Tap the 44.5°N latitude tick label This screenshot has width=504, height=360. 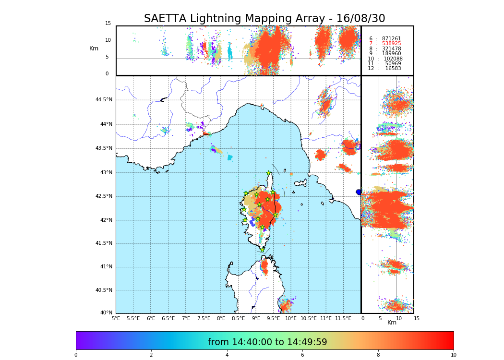tap(103, 100)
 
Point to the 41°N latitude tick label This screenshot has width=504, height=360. tap(106, 267)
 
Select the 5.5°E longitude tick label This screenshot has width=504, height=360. tap(133, 318)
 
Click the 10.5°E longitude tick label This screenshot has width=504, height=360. tap(309, 318)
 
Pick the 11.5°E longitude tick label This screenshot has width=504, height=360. tap(343, 318)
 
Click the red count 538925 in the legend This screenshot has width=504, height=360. tap(391, 44)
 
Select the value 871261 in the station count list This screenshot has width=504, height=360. tap(391, 39)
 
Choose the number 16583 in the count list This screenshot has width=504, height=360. tap(393, 69)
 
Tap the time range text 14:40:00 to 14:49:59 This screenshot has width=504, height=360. tap(267, 342)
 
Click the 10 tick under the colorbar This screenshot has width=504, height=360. tap(453, 355)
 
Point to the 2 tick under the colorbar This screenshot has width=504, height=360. tap(151, 355)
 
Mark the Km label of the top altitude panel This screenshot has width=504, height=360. tap(94, 48)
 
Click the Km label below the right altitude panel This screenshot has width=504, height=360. tap(392, 323)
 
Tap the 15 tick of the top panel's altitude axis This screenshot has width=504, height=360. tap(108, 24)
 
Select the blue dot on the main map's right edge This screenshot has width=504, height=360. tap(359, 192)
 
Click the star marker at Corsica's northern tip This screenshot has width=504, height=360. tap(269, 173)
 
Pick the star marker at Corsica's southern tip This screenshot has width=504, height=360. tap(263, 249)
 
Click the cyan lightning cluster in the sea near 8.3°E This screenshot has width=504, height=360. tap(230, 157)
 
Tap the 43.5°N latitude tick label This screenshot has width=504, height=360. tap(103, 148)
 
